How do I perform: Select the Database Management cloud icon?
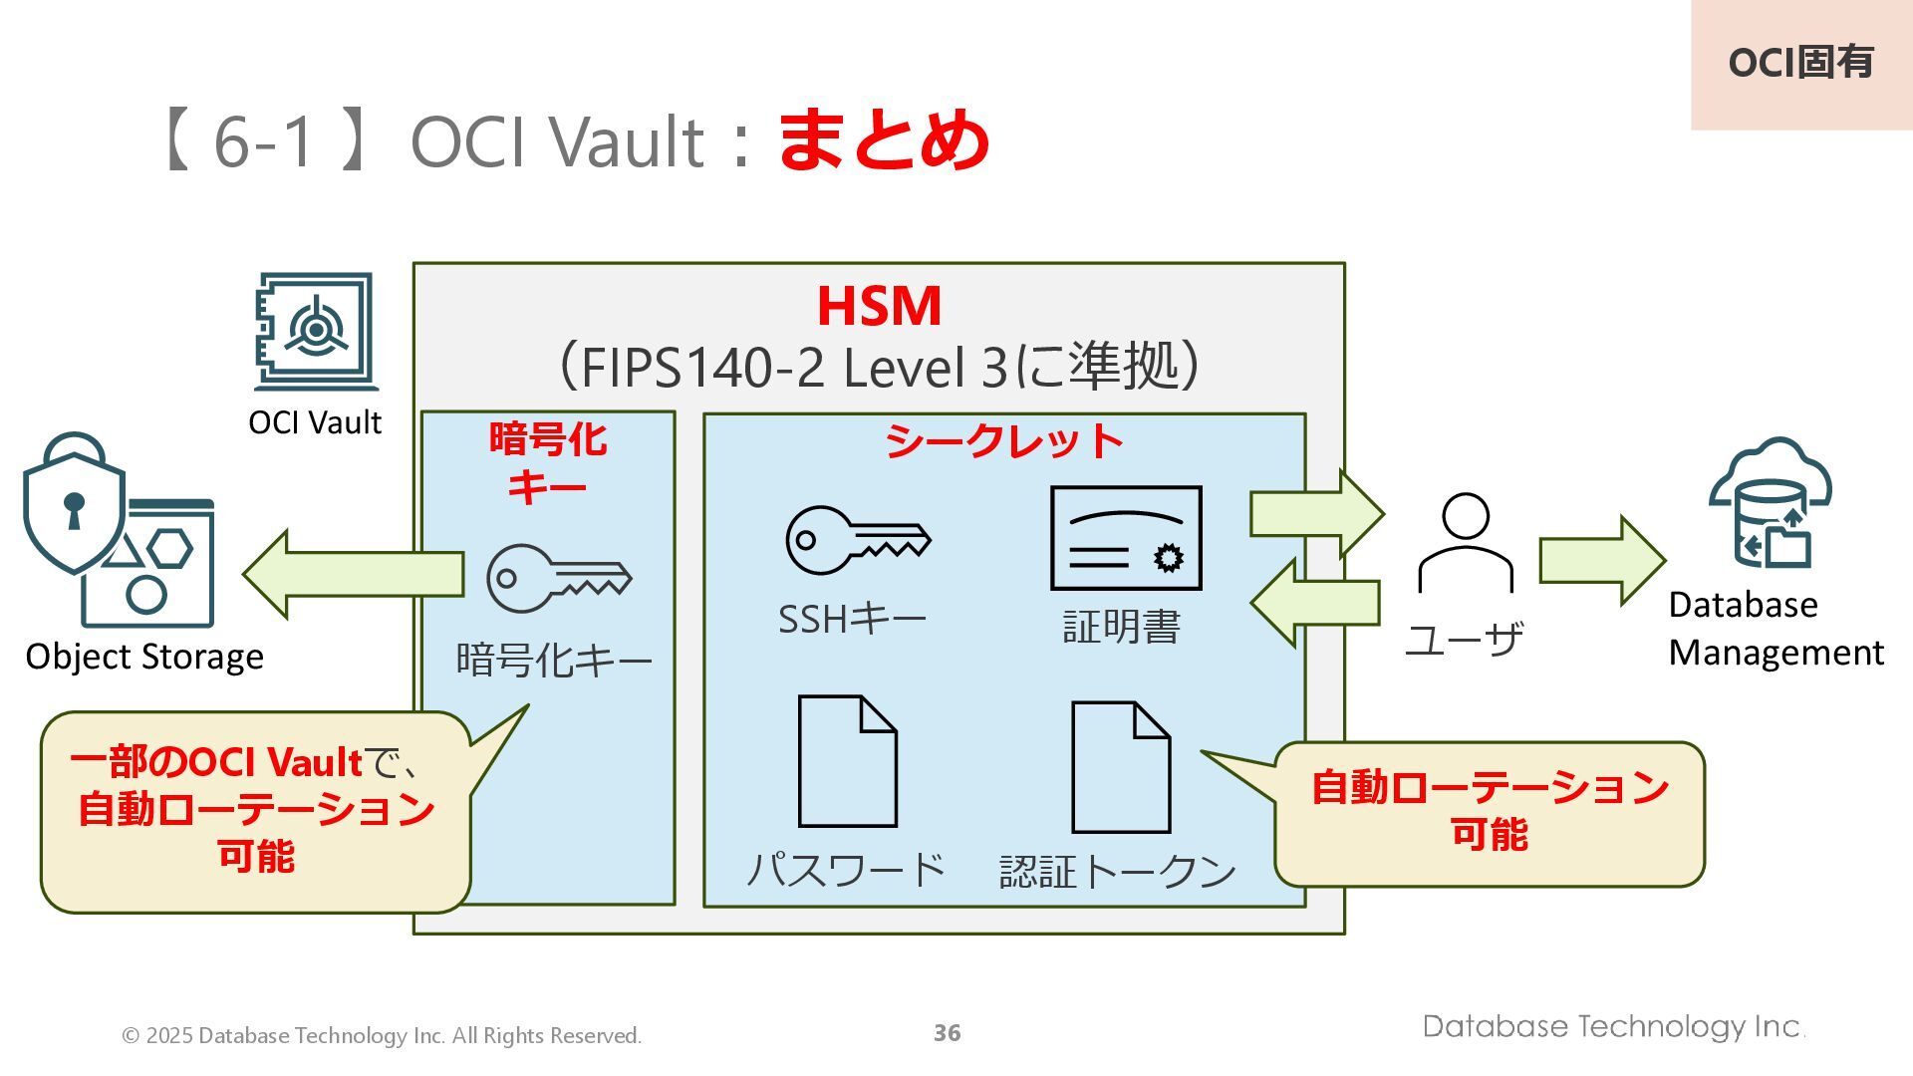1771,504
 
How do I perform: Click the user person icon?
1465,543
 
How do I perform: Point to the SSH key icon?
857,540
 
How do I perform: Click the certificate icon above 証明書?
1126,538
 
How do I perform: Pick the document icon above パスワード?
848,761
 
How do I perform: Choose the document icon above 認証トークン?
1120,767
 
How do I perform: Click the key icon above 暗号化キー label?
558,577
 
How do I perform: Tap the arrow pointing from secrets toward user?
1316,514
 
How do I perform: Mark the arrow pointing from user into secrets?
1315,603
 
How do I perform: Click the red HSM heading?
879,306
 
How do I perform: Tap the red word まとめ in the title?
883,140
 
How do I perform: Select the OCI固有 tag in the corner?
1800,63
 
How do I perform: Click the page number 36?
947,1033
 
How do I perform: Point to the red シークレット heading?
1003,441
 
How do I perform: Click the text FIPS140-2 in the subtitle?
702,368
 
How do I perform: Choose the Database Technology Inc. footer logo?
1613,1026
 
